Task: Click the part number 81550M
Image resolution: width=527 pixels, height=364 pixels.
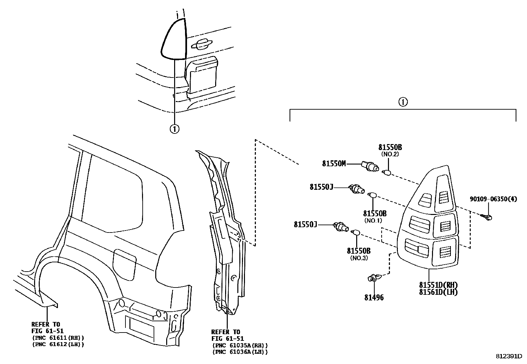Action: [334, 163]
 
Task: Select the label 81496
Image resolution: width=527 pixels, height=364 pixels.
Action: [374, 297]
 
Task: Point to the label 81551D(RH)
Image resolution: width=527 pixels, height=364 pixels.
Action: [438, 285]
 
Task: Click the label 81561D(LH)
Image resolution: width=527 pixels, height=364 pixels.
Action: [438, 292]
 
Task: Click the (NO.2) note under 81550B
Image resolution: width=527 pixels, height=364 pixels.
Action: [390, 154]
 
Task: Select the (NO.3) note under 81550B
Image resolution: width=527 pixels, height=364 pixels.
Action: [359, 258]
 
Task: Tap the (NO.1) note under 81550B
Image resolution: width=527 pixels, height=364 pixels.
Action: [373, 220]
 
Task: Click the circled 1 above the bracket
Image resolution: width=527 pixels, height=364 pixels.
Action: [403, 102]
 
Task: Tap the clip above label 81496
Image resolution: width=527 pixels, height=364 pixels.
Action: [374, 278]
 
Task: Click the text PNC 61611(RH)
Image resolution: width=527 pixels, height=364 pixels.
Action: [58, 338]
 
